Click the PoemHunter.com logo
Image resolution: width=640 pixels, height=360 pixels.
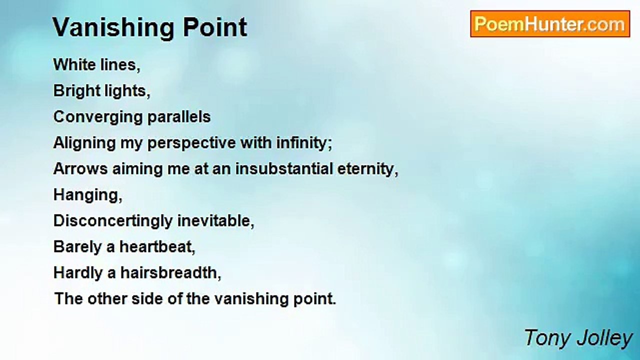click(x=549, y=23)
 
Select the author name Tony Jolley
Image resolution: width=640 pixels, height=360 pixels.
click(x=578, y=338)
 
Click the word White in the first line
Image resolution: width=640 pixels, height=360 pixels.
click(x=73, y=65)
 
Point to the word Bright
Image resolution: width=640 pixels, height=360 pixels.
click(x=75, y=91)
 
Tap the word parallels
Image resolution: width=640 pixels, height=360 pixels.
click(x=178, y=117)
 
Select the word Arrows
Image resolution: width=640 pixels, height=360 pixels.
click(x=80, y=169)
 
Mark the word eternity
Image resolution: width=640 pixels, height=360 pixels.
click(x=369, y=169)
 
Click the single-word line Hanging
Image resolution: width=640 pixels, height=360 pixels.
click(x=87, y=195)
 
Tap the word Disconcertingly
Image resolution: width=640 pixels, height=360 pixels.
click(x=115, y=221)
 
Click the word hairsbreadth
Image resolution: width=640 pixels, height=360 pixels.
click(x=170, y=273)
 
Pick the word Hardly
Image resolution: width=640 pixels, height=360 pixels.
click(x=77, y=273)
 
